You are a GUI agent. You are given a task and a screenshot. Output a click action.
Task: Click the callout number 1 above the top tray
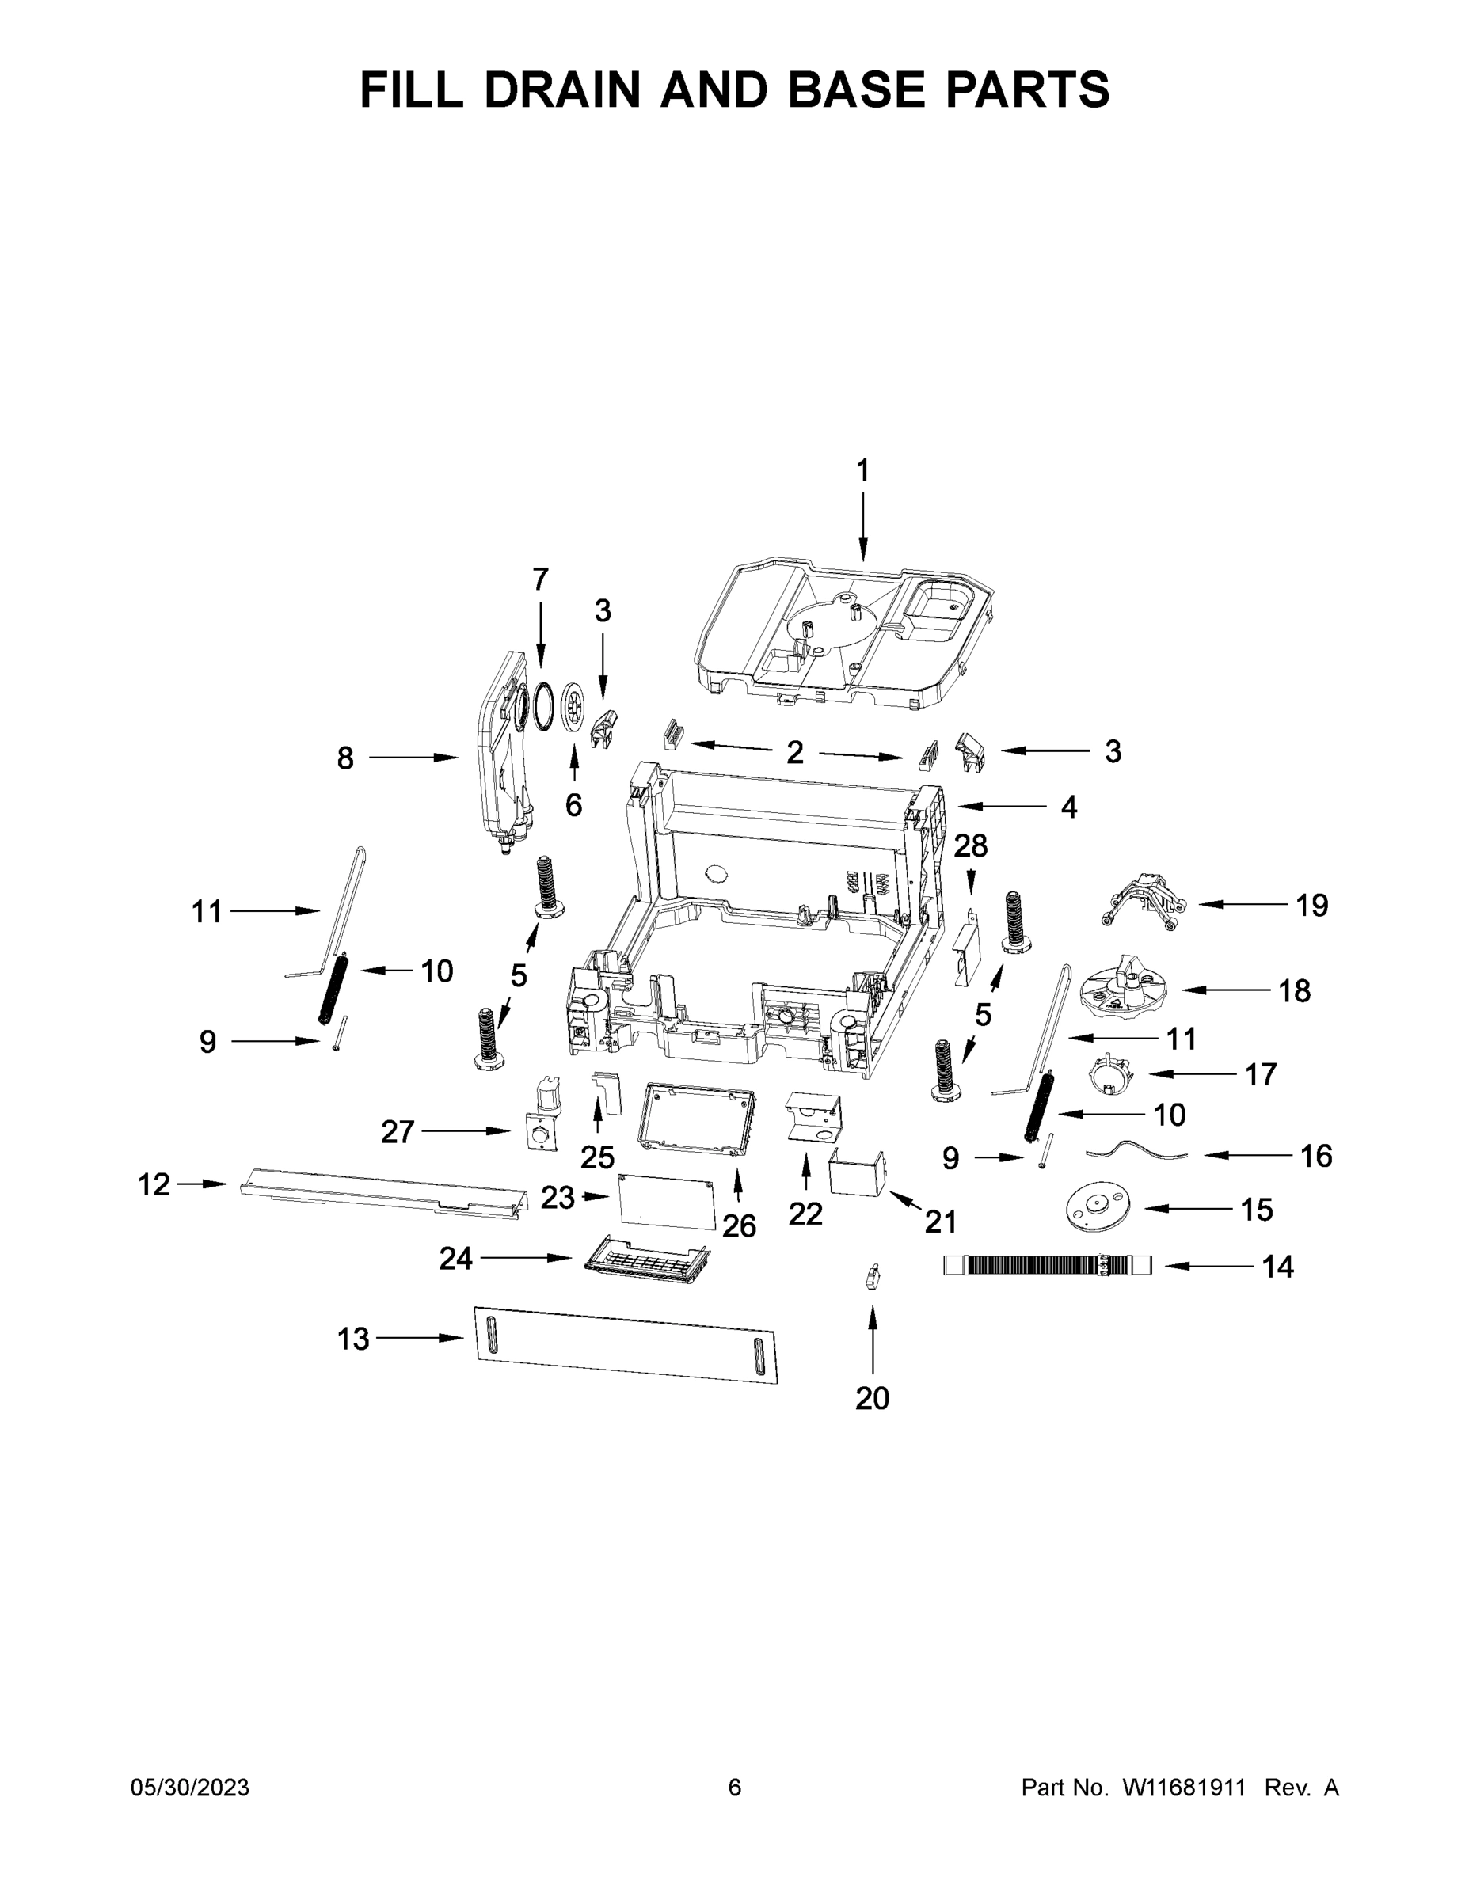pyautogui.click(x=862, y=471)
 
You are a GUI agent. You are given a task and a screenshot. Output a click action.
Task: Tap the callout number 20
pyautogui.click(x=872, y=1398)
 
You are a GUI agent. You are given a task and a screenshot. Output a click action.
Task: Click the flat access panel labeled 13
pyautogui.click(x=626, y=1345)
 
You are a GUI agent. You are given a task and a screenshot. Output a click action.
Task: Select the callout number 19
pyautogui.click(x=1311, y=905)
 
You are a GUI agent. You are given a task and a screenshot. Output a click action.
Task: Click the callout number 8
pyautogui.click(x=345, y=758)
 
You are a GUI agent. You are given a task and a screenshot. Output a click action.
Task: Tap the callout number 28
pyautogui.click(x=971, y=845)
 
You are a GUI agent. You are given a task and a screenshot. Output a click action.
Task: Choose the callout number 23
pyautogui.click(x=558, y=1198)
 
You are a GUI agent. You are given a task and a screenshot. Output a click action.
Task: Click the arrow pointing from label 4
pyautogui.click(x=1001, y=807)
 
